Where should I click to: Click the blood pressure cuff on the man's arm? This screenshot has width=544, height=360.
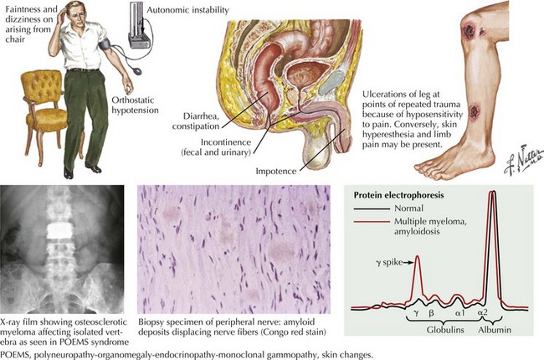105,44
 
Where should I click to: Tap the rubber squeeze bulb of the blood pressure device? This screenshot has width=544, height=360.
137,70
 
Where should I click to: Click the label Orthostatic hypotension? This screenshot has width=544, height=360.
135,105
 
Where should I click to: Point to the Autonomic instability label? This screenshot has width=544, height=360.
187,10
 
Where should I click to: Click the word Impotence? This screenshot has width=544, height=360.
276,171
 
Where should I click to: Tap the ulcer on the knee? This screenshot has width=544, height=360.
469,30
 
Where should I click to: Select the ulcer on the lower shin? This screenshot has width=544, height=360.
474,111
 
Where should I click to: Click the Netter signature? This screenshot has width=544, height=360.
522,162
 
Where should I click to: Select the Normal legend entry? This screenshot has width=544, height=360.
388,208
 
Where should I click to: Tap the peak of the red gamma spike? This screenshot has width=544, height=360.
418,256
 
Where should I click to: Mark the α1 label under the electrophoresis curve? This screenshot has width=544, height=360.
459,313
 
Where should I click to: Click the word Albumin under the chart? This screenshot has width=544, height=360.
495,330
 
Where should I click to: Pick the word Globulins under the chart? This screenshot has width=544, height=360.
445,330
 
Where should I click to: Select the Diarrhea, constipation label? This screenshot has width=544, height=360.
196,121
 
